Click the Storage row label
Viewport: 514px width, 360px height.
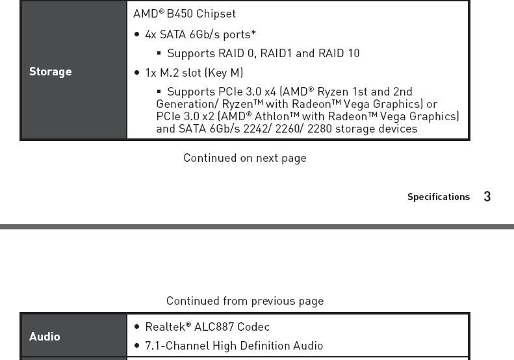tap(50, 71)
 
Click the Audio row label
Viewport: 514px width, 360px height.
tap(44, 337)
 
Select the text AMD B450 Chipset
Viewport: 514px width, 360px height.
tap(185, 14)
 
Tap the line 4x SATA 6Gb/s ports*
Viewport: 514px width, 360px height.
tap(200, 34)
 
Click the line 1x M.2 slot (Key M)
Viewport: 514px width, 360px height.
tap(194, 72)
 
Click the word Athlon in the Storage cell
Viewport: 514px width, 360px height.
tap(271, 116)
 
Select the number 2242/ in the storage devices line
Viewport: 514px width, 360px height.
tap(257, 129)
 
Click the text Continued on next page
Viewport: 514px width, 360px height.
tap(244, 158)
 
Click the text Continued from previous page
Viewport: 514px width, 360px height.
tap(244, 301)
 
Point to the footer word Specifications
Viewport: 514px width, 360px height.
tap(438, 197)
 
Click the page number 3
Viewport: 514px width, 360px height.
tap(487, 197)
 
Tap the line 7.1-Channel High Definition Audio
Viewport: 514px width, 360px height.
tap(234, 346)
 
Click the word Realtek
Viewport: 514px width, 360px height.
tap(164, 327)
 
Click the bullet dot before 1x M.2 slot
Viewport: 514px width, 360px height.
tap(136, 73)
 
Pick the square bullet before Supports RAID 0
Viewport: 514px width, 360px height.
tap(159, 53)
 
